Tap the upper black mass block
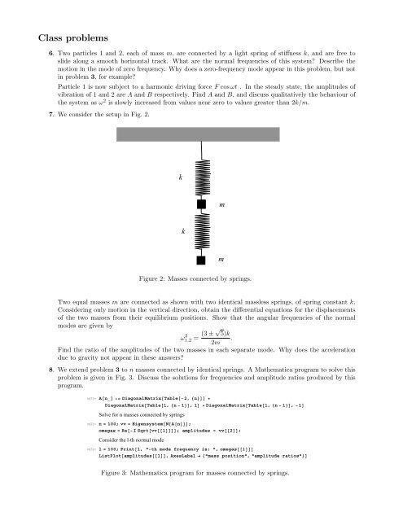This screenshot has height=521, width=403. (x=200, y=204)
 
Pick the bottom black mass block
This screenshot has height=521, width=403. (x=200, y=260)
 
